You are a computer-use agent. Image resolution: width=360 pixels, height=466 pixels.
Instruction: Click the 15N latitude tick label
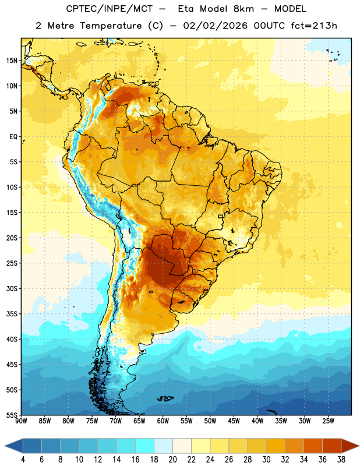pyautogui.click(x=12, y=61)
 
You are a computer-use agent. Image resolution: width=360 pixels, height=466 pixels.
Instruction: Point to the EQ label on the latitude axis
pyautogui.click(x=13, y=137)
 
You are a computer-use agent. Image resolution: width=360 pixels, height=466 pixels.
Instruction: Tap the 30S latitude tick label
pyautogui.click(x=12, y=288)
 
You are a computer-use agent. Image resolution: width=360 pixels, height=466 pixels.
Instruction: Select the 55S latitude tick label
pyautogui.click(x=12, y=415)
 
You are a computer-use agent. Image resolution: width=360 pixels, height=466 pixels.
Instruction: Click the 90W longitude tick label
pyautogui.click(x=21, y=421)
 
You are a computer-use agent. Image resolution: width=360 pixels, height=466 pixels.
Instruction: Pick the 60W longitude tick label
pyautogui.click(x=163, y=421)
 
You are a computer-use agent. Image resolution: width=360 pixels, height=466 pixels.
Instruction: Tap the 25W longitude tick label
pyautogui.click(x=328, y=421)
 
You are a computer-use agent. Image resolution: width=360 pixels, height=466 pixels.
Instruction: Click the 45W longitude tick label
pyautogui.click(x=234, y=421)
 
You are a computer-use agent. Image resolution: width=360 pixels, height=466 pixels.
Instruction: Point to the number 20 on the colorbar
pyautogui.click(x=172, y=460)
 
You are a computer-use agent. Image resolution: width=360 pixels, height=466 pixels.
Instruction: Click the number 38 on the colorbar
pyautogui.click(x=341, y=460)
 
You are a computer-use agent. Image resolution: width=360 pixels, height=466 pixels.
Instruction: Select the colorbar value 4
pyautogui.click(x=23, y=460)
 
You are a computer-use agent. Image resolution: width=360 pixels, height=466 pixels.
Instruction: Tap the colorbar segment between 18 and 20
pyautogui.click(x=163, y=446)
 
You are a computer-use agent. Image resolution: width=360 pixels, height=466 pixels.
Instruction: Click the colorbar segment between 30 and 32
pyautogui.click(x=276, y=446)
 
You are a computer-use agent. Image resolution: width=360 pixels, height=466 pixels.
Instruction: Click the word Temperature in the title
pyautogui.click(x=111, y=26)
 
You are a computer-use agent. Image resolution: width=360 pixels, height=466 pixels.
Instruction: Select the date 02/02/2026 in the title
pyautogui.click(x=215, y=26)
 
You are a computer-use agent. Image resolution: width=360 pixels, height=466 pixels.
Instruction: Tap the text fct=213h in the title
pyautogui.click(x=314, y=26)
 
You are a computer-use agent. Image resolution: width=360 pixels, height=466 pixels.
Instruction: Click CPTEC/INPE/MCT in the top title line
pyautogui.click(x=109, y=9)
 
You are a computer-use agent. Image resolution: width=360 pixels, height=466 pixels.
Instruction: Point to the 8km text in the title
pyautogui.click(x=243, y=9)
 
